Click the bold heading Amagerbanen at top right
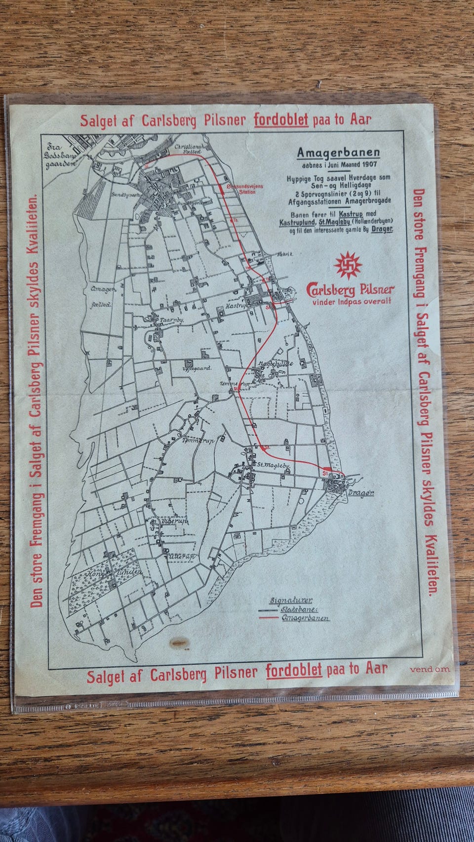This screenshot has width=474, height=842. tap(338, 153)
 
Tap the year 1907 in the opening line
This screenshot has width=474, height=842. tap(369, 164)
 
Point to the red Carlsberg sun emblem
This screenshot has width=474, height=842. tap(348, 264)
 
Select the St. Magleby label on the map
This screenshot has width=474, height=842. tap(274, 465)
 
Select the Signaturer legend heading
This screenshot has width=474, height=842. tap(291, 601)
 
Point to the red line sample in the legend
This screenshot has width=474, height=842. tap(269, 618)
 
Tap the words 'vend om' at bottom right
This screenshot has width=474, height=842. tap(430, 669)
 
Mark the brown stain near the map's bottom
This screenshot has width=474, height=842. tap(179, 642)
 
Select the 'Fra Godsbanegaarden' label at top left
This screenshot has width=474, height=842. tap(61, 156)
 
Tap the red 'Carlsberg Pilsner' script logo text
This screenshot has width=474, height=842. tap(350, 289)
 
